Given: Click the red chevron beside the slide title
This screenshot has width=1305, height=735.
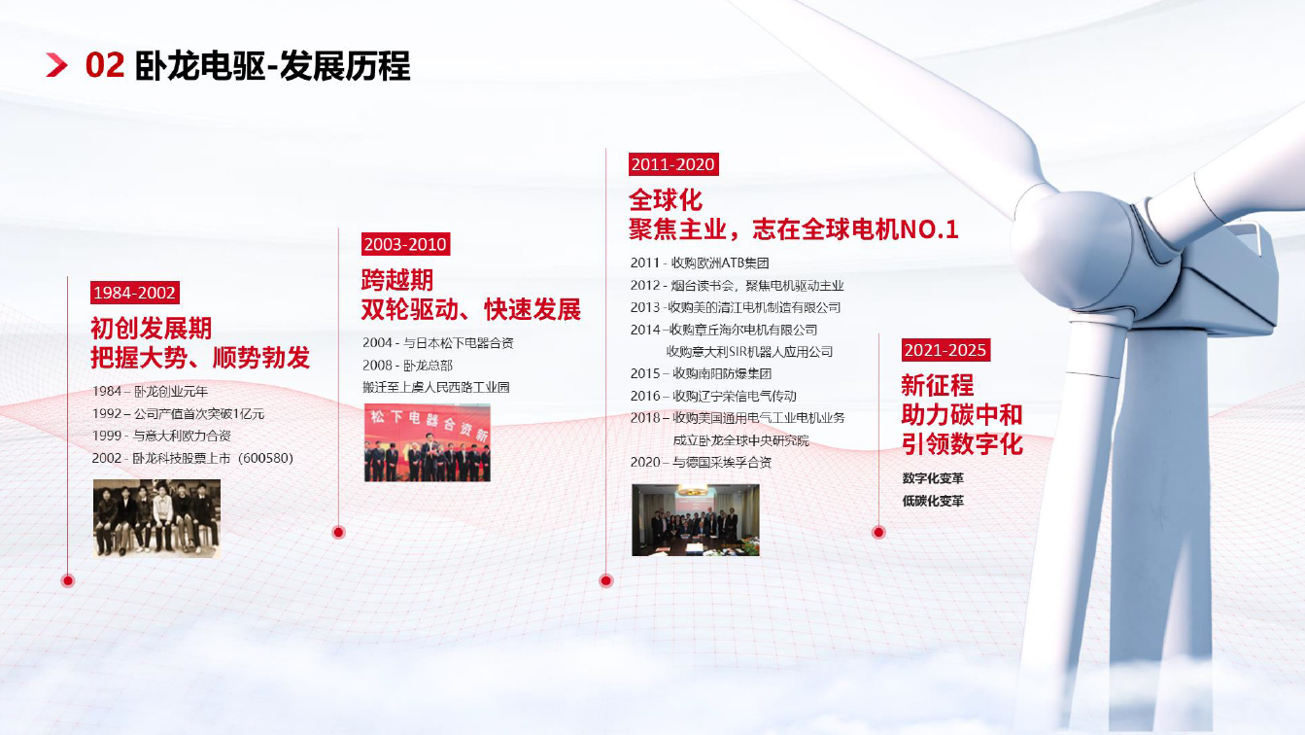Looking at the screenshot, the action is coord(56,65).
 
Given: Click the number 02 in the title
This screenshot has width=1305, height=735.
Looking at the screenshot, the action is coord(105,65).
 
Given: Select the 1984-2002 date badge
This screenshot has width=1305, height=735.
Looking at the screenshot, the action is coord(134,293).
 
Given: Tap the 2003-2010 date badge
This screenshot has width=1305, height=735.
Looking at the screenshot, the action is coord(405,244).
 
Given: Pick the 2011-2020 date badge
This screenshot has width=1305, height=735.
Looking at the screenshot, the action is coord(673,164).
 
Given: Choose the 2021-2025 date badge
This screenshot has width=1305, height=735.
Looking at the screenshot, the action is coord(945,350).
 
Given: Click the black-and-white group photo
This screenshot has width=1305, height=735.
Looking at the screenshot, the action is coord(156,518).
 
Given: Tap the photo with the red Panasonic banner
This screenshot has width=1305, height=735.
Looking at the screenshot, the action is coord(428,443).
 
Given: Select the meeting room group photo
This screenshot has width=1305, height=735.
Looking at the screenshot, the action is coord(696,520).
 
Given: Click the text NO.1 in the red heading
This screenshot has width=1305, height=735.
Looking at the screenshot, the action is coord(929,229).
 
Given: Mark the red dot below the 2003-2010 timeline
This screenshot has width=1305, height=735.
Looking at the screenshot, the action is coord(338,532).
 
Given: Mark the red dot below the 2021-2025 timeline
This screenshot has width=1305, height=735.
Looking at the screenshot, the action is coord(878,532).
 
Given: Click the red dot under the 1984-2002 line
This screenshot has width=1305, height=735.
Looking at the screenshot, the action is coord(68,580).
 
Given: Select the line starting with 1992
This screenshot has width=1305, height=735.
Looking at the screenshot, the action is coord(178,414).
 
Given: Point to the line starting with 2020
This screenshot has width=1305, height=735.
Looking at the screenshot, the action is coord(701,462).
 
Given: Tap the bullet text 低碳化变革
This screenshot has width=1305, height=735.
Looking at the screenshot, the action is coord(933,501).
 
